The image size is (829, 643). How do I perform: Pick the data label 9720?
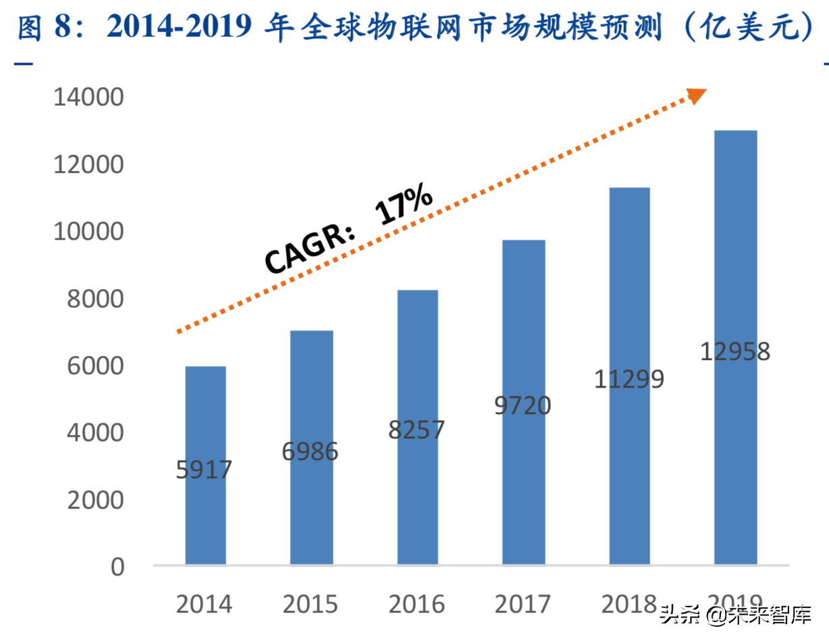point(523,405)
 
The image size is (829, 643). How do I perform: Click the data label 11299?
point(629,379)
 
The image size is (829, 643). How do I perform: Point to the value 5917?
point(204,469)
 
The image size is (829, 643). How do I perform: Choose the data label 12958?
point(734,352)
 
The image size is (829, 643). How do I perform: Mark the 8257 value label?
point(417,430)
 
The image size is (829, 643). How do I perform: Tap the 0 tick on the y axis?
point(117,567)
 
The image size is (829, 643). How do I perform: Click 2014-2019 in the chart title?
point(181,28)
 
